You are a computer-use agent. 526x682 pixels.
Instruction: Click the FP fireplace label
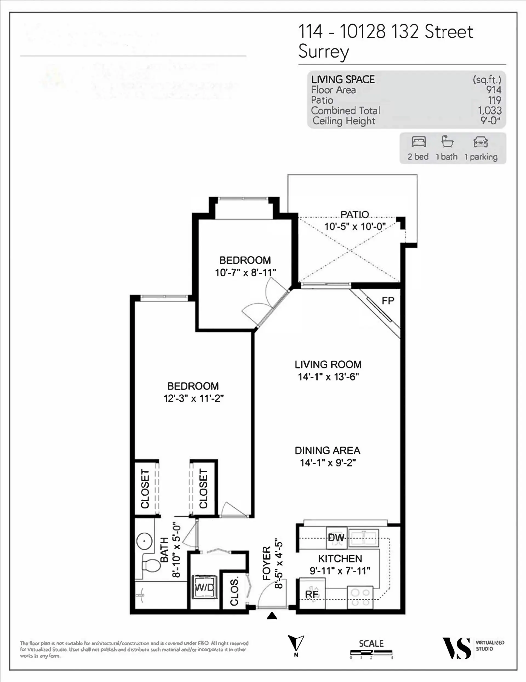388,301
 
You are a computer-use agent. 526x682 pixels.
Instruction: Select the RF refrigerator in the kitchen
312,594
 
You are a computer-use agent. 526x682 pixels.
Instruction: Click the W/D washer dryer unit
204,587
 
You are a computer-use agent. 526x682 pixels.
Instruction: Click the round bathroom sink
144,541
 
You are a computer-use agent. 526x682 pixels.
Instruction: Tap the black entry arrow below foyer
272,615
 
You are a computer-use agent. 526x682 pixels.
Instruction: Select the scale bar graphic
371,652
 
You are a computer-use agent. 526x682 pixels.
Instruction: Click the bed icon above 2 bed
419,142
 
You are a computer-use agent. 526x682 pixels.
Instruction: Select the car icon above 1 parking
481,142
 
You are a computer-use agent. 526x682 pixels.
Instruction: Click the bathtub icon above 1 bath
447,142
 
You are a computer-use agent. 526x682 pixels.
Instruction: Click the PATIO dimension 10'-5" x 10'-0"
355,226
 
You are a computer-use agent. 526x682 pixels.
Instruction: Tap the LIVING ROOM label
328,364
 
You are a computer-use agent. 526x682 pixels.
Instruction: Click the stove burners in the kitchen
360,597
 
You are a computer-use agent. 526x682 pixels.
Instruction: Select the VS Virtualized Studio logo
456,649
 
